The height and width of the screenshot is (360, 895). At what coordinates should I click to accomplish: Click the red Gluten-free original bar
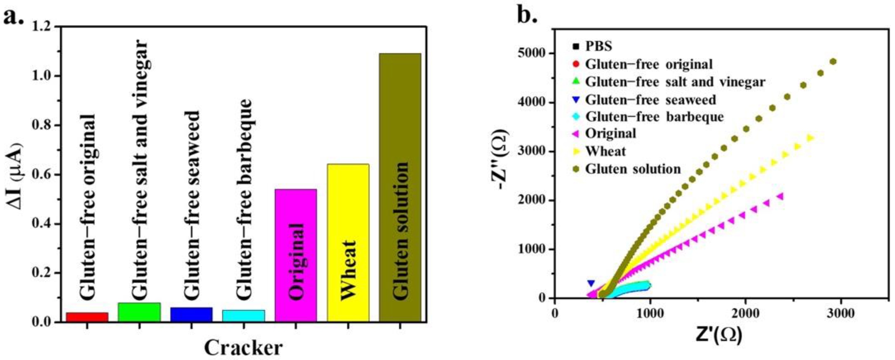pos(87,317)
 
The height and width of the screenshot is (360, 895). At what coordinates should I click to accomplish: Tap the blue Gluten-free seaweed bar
pos(191,315)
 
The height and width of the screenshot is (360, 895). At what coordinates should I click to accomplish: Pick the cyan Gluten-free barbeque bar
pos(244,315)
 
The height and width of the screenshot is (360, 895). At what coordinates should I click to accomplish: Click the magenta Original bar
pos(296,255)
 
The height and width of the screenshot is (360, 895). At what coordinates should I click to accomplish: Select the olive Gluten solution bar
pos(400,188)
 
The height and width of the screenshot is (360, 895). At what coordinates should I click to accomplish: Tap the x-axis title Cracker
pos(243,347)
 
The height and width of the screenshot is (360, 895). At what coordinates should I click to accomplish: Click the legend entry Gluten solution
pos(632,169)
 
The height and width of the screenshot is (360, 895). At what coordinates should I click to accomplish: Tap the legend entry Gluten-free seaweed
pos(650,100)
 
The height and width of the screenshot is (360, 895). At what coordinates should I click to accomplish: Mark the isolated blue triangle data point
pos(591,283)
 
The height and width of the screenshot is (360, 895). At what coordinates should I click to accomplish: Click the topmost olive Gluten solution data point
pos(833,62)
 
